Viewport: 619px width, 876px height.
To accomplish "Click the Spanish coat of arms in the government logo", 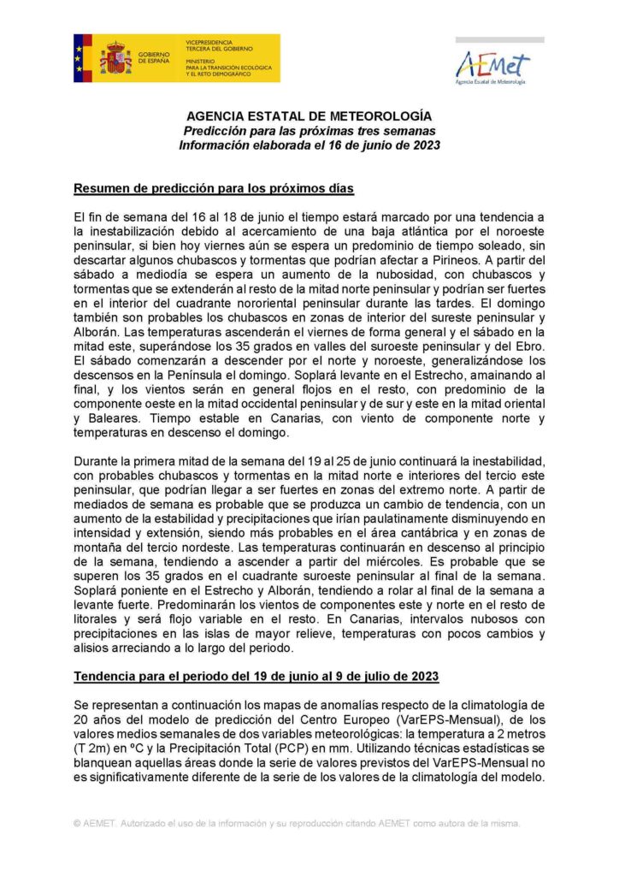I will click(x=115, y=58).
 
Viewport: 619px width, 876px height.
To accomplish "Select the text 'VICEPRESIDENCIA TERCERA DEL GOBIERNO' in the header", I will click(x=218, y=45).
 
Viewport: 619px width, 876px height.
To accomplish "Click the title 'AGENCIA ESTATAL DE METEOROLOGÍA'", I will click(x=309, y=116).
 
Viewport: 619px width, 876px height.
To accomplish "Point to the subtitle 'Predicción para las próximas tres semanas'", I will click(x=309, y=131).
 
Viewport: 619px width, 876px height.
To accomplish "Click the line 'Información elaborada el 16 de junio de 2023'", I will click(x=309, y=145).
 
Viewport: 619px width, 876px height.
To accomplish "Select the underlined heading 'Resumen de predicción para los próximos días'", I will click(x=214, y=188).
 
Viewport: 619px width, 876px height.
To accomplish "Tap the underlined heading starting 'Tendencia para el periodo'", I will click(x=256, y=676).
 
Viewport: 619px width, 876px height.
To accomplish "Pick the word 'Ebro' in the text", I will click(x=525, y=346).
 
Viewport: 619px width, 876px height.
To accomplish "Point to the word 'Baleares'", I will click(x=114, y=418).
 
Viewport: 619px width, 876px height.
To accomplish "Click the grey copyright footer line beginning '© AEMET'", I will click(x=297, y=823).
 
